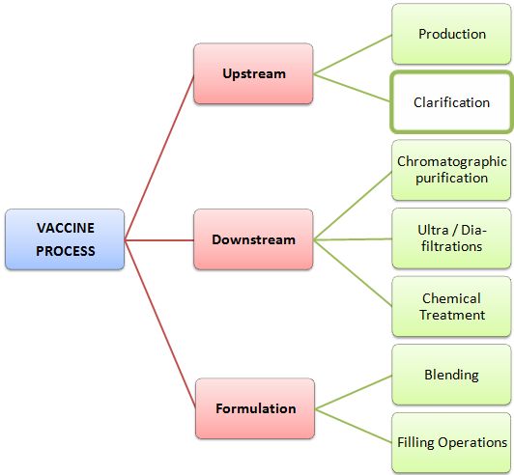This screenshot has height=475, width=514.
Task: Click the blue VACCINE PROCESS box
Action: pyautogui.click(x=66, y=238)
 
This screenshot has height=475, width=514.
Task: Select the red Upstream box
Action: pyautogui.click(x=253, y=73)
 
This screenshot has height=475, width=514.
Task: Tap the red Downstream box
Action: pyautogui.click(x=253, y=238)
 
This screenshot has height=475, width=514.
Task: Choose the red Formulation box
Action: pyautogui.click(x=255, y=408)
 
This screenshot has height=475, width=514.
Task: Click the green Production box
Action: pyautogui.click(x=451, y=34)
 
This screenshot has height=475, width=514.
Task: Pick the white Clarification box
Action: pyautogui.click(x=451, y=101)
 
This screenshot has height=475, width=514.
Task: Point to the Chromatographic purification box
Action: pyautogui.click(x=451, y=169)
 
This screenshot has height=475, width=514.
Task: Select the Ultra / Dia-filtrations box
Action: pyautogui.click(x=451, y=237)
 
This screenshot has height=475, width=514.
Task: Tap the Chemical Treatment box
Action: pyautogui.click(x=451, y=306)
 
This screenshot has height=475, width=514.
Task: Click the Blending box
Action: pyautogui.click(x=451, y=375)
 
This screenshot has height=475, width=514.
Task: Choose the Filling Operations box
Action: pyautogui.click(x=451, y=442)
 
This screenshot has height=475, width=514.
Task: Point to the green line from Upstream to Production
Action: pyautogui.click(x=353, y=54)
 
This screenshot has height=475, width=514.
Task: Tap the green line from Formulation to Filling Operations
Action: pyautogui.click(x=353, y=424)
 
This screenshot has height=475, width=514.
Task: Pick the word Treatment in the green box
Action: pyautogui.click(x=452, y=315)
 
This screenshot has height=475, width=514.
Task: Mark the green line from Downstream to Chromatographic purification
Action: pyautogui.click(x=353, y=206)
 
